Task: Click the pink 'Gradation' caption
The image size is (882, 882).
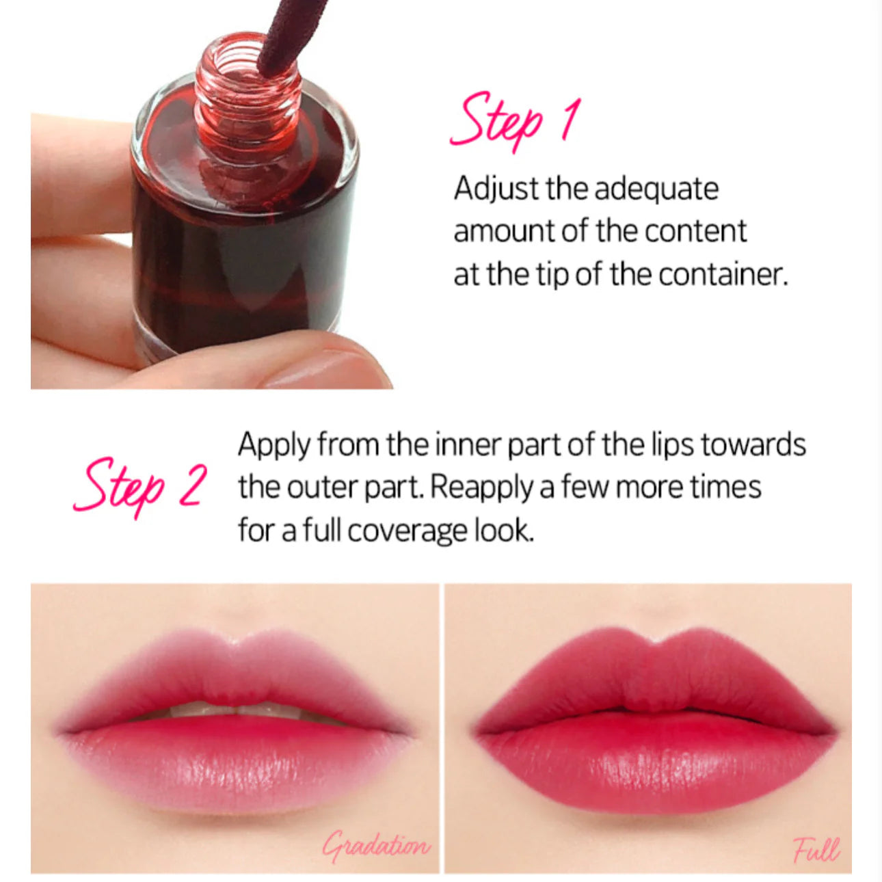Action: (x=377, y=846)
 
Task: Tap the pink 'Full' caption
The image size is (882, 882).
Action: (x=816, y=850)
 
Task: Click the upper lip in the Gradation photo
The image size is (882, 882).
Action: (x=236, y=673)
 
